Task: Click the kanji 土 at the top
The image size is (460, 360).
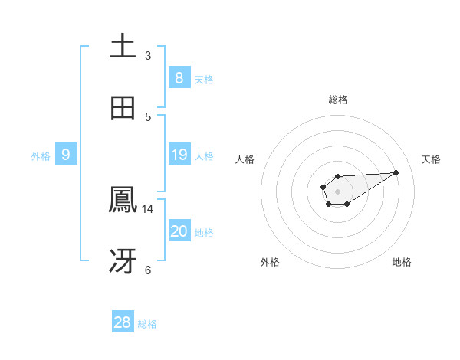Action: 123,46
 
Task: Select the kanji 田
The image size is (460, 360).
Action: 123,108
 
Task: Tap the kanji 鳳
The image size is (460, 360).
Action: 123,200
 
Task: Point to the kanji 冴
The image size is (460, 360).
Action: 123,261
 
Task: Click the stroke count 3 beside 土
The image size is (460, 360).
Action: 148,55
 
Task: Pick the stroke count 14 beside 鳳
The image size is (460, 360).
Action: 148,208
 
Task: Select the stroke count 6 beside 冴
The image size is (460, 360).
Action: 148,270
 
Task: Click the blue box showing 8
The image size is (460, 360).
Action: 179,77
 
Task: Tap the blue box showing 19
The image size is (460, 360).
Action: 179,155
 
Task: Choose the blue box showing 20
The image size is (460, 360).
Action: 179,231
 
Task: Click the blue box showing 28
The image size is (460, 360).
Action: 122,322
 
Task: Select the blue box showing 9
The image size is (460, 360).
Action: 66,155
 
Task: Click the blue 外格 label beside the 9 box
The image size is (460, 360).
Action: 41,156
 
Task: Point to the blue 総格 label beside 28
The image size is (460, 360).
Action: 147,324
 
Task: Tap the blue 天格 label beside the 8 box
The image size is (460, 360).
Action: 204,80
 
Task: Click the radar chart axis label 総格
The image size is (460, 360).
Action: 338,100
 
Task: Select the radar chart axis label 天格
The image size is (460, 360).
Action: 431,159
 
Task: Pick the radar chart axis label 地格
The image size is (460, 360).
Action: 402,262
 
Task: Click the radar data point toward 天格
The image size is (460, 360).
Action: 396,172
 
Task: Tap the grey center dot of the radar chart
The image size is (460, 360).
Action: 337,190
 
